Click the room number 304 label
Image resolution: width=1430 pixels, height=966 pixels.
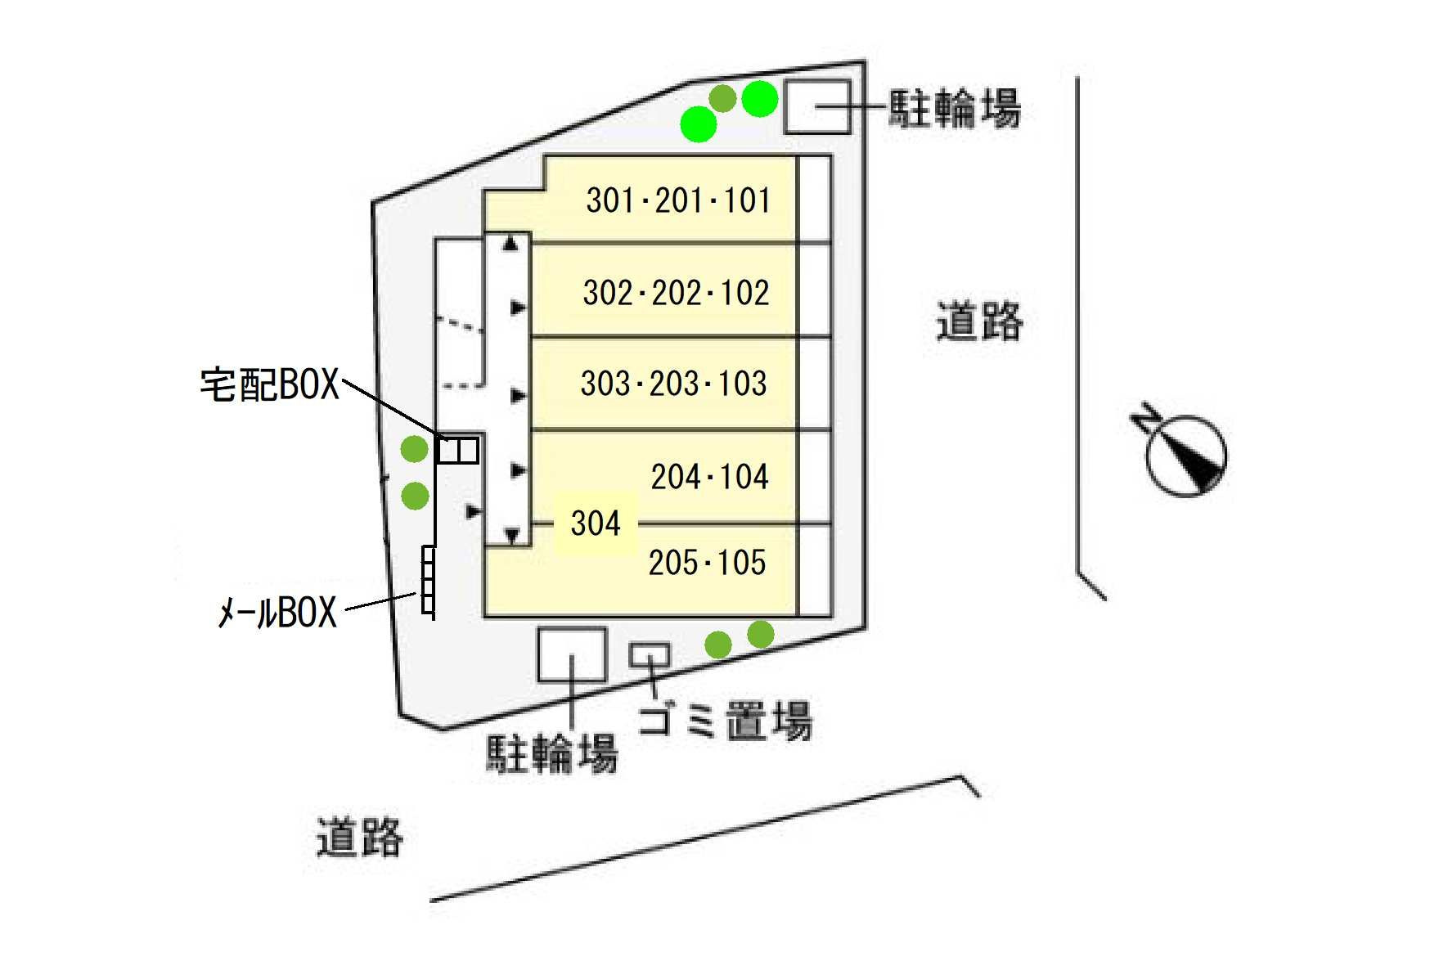[595, 523]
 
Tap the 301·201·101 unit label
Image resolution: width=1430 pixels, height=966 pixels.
[678, 200]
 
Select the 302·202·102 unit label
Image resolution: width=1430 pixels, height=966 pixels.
[676, 293]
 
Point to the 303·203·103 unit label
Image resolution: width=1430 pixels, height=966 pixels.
[673, 384]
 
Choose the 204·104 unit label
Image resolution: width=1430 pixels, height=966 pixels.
[709, 477]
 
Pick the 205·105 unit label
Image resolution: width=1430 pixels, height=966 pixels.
[707, 563]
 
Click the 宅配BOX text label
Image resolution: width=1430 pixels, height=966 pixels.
[269, 384]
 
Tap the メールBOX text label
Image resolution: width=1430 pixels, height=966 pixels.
[277, 612]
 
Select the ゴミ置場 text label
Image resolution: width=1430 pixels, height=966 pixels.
[725, 721]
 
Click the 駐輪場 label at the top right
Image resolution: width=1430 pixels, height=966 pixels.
[955, 108]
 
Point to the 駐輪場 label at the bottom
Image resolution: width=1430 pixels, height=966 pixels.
[552, 753]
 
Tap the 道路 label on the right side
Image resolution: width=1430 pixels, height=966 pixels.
[979, 321]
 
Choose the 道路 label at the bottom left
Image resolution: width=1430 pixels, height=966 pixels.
[360, 837]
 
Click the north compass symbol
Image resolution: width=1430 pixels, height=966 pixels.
[1183, 453]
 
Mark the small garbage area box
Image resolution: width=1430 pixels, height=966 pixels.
[650, 654]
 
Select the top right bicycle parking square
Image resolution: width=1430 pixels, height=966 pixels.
[816, 107]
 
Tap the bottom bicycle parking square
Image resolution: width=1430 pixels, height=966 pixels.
[572, 654]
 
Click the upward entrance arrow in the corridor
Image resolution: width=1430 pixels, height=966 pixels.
[511, 243]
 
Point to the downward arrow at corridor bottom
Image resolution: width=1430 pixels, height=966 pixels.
[512, 536]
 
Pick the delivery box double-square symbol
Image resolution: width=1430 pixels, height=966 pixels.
[457, 451]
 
